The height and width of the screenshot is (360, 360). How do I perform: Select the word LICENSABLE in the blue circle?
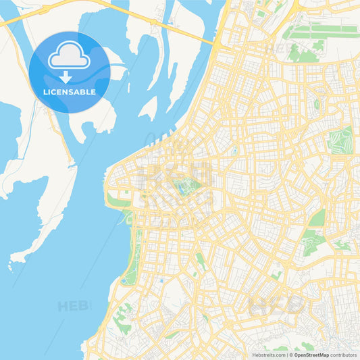(x=70, y=91)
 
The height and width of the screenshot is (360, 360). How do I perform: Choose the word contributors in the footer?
(x=344, y=355)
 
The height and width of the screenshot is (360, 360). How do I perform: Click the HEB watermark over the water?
(x=74, y=306)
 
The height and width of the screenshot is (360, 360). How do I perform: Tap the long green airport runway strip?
(x=321, y=29)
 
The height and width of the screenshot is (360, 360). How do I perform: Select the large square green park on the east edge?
(x=340, y=140)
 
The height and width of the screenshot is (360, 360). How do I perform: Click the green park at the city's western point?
(x=119, y=200)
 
